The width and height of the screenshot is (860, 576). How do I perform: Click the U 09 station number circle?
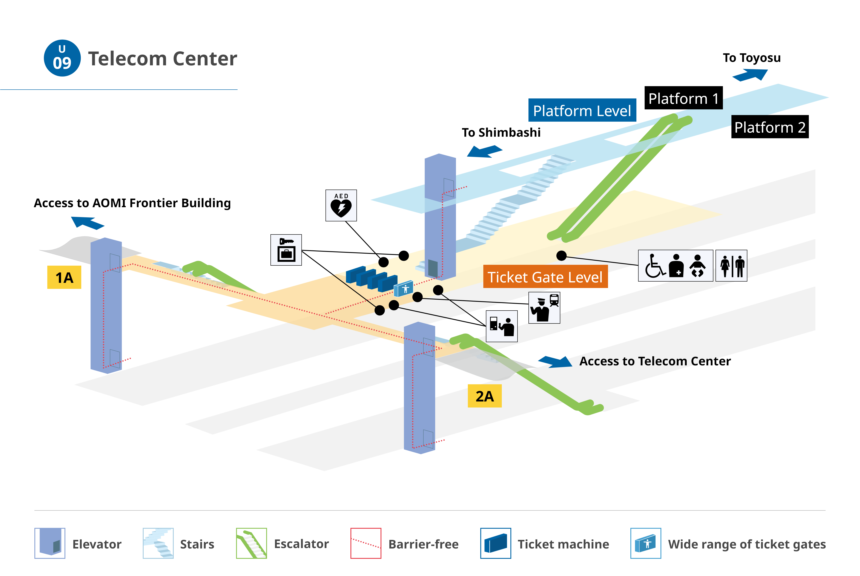pos(62,58)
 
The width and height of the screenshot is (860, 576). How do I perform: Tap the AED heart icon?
pos(341,205)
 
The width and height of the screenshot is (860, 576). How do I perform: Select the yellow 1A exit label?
pos(64,277)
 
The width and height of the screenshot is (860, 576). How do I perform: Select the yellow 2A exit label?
pos(485,396)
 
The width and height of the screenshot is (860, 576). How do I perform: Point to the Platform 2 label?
pos(770,127)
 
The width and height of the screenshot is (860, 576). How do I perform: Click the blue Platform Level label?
pos(582,110)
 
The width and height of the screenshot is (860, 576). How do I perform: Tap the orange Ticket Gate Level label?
pos(545,277)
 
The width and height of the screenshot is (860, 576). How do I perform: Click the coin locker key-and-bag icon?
pos(286,250)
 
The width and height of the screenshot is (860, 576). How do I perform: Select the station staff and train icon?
pos(544,308)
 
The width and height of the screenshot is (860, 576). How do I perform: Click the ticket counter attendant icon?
pos(502,326)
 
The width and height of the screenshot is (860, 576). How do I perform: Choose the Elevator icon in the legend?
pos(50,543)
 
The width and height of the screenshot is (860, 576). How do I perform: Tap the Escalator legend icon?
pos(251,543)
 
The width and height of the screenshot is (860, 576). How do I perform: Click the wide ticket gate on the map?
pos(403,289)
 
